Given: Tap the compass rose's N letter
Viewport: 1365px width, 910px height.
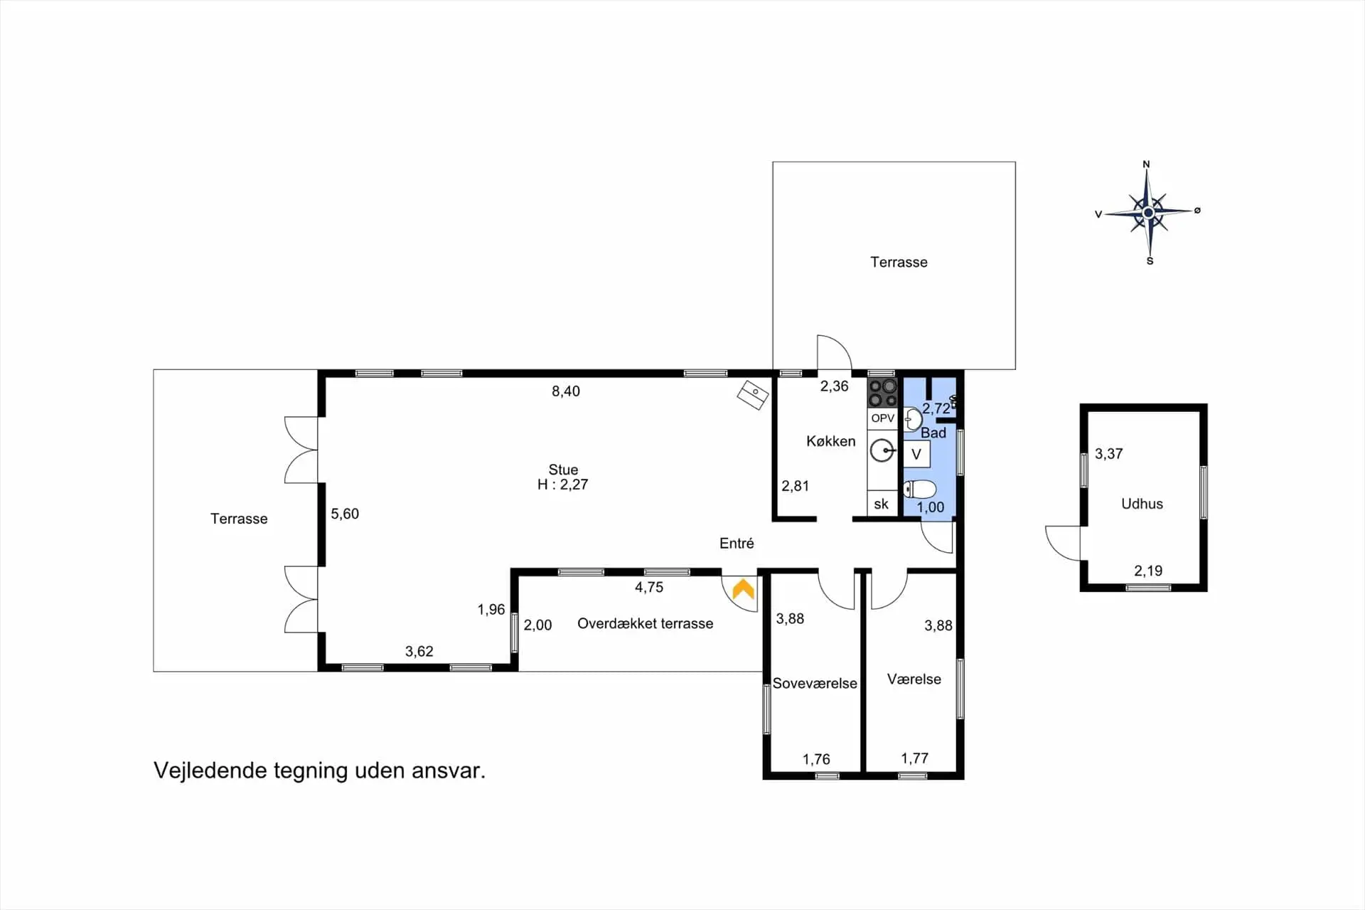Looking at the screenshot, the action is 1146,164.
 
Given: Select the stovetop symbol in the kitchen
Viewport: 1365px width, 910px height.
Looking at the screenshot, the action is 882,393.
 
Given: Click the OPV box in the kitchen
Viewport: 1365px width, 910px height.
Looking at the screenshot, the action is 882,418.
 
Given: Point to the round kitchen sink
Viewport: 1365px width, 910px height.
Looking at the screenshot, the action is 882,450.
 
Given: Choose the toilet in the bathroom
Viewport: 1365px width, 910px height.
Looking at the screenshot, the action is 919,490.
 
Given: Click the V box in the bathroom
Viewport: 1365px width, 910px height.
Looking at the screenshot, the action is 916,454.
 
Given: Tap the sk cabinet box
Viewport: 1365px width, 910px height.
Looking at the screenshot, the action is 882,504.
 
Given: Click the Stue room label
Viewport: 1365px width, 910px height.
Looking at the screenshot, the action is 563,470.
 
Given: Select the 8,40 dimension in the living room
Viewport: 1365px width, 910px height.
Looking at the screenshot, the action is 566,391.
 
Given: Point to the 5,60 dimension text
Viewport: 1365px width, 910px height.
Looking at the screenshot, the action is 345,514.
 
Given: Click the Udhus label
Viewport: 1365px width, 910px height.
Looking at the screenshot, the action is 1142,504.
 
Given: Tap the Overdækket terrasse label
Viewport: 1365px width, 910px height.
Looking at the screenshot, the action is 645,623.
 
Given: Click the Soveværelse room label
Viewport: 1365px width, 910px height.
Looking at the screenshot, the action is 815,683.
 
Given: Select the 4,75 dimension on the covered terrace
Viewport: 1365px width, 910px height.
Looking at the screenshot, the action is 649,587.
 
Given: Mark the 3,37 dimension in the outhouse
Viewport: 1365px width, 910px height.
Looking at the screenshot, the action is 1108,453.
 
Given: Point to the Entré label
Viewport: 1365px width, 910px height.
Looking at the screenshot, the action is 737,543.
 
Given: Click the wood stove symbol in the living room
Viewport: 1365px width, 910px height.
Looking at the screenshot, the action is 752,395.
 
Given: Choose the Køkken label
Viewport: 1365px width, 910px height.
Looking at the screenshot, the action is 830,441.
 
